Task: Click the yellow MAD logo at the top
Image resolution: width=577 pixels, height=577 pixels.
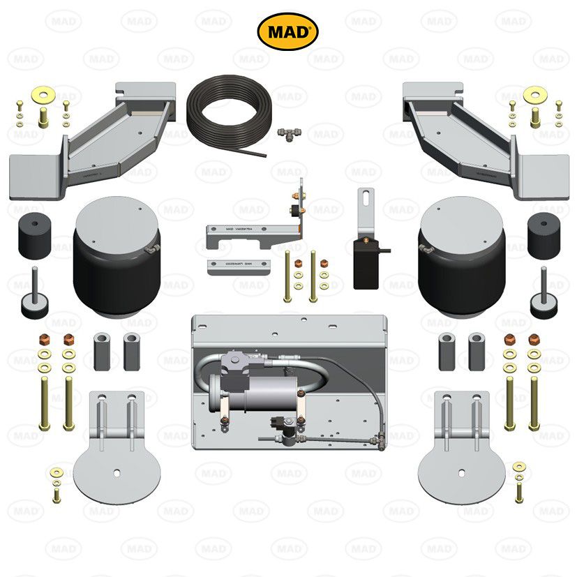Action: [288, 31]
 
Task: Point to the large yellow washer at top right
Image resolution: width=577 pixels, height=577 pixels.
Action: [535, 93]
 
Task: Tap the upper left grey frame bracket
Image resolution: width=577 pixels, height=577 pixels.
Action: [105, 136]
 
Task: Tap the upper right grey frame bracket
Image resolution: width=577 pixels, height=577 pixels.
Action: [474, 136]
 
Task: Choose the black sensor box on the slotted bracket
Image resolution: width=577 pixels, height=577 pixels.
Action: [367, 262]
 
